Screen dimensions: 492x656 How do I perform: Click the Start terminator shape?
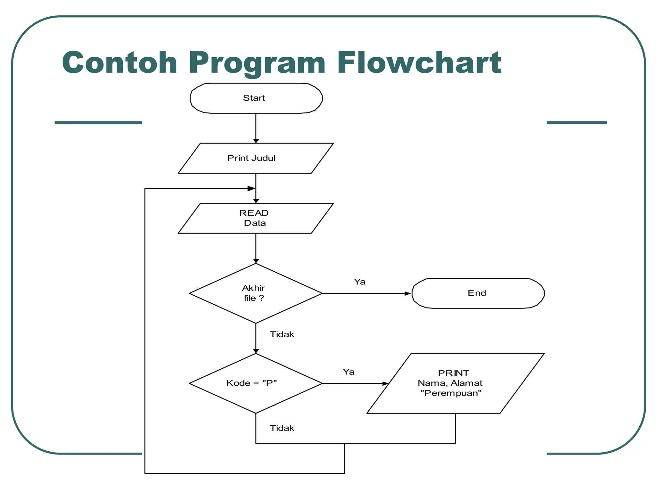256,98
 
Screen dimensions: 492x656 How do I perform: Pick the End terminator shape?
478,293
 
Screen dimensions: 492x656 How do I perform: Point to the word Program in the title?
257,63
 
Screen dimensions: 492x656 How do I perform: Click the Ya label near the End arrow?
359,282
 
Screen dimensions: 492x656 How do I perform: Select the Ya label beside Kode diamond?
348,372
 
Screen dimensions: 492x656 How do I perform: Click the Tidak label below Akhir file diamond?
282,334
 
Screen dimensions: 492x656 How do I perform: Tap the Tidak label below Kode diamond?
282,428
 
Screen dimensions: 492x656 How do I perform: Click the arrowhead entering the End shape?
407,293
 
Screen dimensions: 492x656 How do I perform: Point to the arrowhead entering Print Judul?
256,141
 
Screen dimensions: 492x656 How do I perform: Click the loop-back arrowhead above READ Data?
251,188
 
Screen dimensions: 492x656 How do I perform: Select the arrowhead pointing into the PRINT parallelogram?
385,383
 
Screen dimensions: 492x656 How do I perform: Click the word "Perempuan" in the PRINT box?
451,393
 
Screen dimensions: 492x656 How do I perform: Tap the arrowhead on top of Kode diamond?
256,351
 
